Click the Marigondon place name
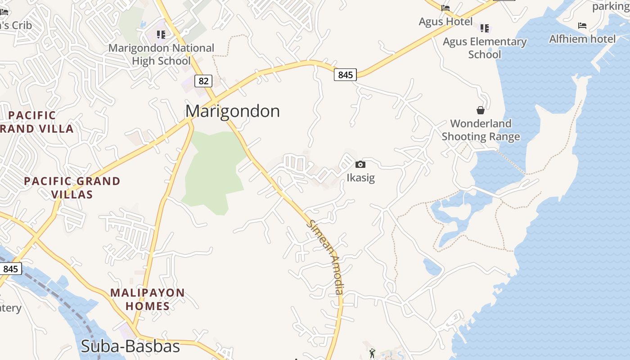coord(232,111)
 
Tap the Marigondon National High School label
coord(162,54)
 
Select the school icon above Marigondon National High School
coord(161,34)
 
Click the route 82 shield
coord(203,81)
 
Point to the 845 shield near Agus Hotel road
coord(345,75)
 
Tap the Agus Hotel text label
coord(445,22)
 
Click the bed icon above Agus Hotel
coord(445,8)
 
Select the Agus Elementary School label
coord(485,48)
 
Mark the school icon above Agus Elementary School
coord(485,28)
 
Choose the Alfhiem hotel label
coord(582,39)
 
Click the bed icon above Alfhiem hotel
coord(582,26)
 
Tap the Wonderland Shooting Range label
coord(481,130)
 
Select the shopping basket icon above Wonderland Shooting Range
coord(481,110)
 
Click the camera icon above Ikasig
coord(360,165)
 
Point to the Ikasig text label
coord(360,178)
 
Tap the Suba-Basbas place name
coord(130,346)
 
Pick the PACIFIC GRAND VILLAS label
coord(72,188)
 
